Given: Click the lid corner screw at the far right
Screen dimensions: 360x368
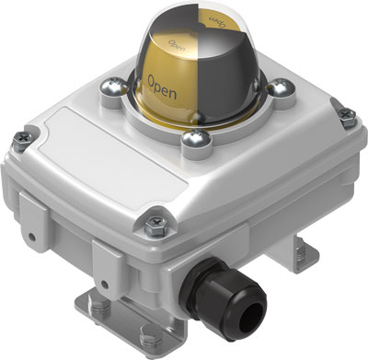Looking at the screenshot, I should pos(347,115).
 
